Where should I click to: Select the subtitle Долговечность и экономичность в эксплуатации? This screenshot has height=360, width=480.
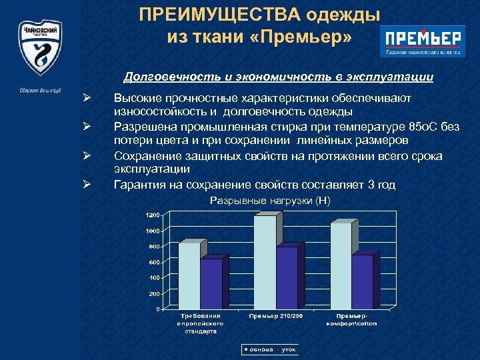tap(279, 78)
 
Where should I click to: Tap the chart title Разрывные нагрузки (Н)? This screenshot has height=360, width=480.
tap(270, 200)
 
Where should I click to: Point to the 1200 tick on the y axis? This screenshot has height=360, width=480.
tap(153, 215)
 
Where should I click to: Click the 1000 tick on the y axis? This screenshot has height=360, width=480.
tap(153, 231)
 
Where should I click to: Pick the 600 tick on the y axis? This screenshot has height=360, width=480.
tap(154, 262)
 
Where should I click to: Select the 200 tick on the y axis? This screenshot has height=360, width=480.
tap(154, 293)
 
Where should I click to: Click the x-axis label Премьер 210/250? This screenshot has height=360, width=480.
tap(275, 315)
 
